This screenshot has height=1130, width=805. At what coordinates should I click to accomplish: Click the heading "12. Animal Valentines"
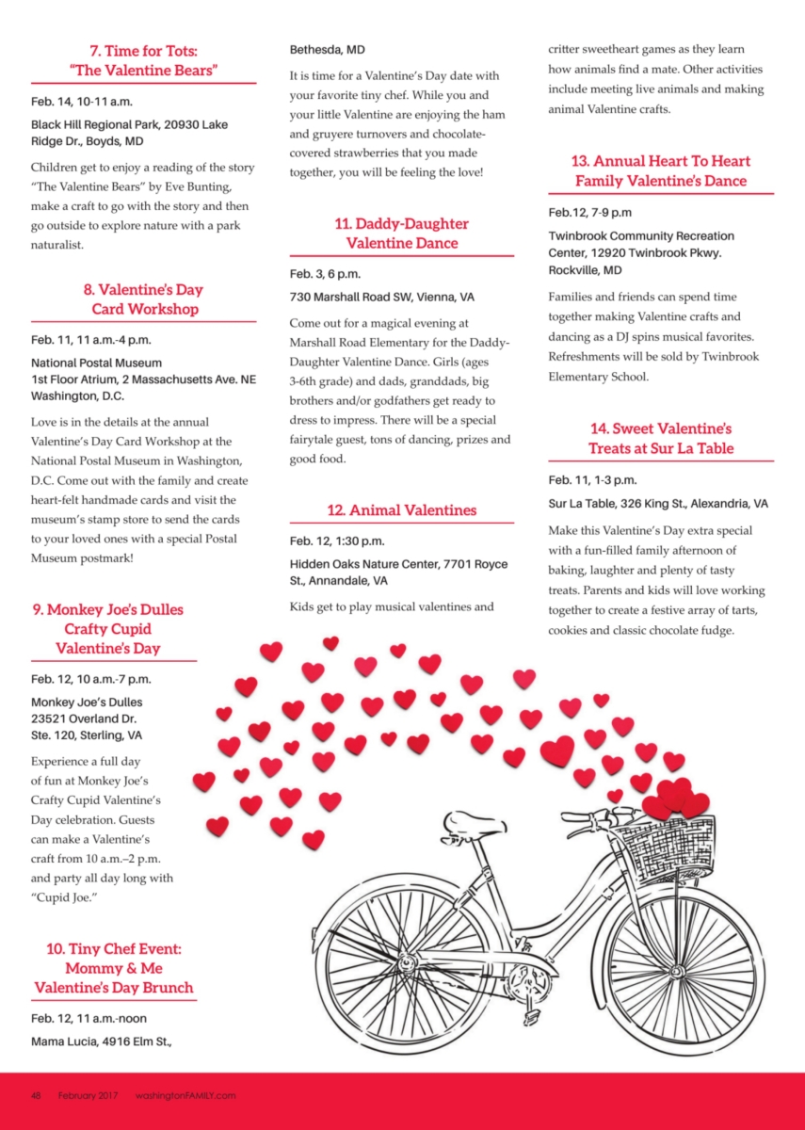401,510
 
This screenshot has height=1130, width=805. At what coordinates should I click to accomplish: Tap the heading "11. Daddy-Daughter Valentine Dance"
401,234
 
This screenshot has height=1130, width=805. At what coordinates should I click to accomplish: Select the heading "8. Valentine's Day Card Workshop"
144,299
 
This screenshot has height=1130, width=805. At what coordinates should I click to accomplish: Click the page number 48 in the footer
36,1095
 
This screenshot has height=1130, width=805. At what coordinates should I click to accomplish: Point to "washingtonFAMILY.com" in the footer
185,1095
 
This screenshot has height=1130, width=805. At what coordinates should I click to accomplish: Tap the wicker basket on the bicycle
676,847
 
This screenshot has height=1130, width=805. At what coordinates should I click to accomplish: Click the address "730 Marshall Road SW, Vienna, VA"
381,297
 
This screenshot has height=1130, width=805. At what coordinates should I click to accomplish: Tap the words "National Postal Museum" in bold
96,363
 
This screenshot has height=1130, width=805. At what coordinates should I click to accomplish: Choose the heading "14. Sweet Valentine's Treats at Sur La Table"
660,439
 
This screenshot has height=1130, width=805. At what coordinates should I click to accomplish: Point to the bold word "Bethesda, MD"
327,49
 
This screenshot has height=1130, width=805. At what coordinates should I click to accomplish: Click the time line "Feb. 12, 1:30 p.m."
336,541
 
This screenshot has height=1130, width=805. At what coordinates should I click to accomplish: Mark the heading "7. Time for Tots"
144,51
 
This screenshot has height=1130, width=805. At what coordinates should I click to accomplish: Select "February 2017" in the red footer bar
89,1095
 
